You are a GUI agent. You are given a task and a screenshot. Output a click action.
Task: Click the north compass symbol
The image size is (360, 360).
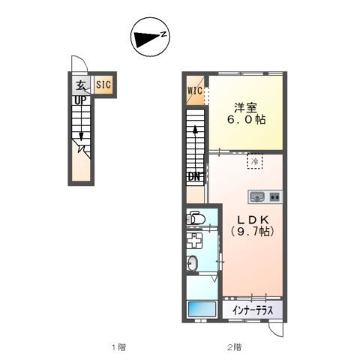pyautogui.click(x=150, y=37)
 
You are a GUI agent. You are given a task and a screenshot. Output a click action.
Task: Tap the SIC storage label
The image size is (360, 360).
pyautogui.click(x=103, y=84)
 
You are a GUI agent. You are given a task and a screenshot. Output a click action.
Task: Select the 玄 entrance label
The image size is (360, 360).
pyautogui.click(x=81, y=85)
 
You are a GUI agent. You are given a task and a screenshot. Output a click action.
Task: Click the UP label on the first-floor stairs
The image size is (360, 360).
pyautogui.click(x=80, y=100)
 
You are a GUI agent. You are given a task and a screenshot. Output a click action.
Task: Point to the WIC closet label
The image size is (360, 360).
pyautogui.click(x=195, y=91)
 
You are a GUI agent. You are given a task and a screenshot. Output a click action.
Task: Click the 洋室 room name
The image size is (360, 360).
pyautogui.click(x=245, y=108)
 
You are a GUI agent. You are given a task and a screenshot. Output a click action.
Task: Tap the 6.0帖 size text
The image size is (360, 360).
pyautogui.click(x=246, y=119)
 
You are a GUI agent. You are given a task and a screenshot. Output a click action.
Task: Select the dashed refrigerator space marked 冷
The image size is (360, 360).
pyautogui.click(x=255, y=161)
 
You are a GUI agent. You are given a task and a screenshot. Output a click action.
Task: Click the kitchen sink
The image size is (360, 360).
pyautogui.click(x=256, y=196)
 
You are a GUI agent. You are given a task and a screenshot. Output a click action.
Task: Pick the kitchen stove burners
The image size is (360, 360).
pyautogui.click(x=274, y=196)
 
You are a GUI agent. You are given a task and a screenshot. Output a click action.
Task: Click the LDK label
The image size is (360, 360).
pyautogui.click(x=253, y=220)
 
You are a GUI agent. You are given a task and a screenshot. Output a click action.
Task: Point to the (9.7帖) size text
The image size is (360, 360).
pyautogui.click(x=253, y=231)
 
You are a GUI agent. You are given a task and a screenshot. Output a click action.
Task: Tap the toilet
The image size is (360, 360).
pyautogui.click(x=196, y=217)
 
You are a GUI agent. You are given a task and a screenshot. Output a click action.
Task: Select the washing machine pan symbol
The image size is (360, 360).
pyautogui.click(x=194, y=241)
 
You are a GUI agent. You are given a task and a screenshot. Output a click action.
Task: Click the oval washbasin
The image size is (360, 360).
pyautogui.click(x=192, y=264)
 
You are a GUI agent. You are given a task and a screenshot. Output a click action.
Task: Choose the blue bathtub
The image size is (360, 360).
pyautogui.click(x=202, y=309)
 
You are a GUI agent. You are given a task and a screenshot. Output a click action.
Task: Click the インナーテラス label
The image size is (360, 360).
pyautogui.click(x=253, y=310)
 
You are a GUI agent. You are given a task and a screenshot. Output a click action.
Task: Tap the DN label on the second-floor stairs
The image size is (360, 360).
pyautogui.click(x=195, y=177)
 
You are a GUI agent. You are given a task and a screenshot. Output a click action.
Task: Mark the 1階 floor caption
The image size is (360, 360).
pyautogui.click(x=118, y=347)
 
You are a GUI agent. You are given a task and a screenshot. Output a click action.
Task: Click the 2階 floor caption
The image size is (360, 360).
pyautogui.click(x=234, y=347)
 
